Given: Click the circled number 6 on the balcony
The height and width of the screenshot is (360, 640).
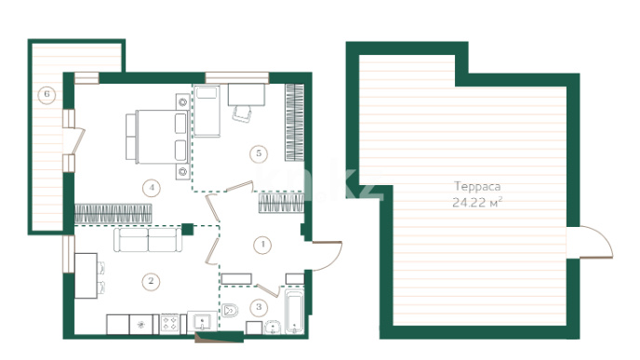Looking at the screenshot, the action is click(x=47, y=95).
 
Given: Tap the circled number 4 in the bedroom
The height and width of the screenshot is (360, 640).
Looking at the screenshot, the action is click(x=152, y=188).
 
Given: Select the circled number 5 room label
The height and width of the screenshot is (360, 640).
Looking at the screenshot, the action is click(x=259, y=153).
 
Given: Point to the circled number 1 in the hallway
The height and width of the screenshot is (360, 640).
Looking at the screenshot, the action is click(x=262, y=245).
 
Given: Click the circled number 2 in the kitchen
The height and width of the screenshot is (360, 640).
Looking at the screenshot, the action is click(x=151, y=281).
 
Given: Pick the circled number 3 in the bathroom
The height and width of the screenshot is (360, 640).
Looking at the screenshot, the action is click(x=259, y=307).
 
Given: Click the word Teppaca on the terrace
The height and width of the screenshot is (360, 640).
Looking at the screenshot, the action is click(x=477, y=187).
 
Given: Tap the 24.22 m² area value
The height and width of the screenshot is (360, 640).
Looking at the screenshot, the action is click(x=477, y=202).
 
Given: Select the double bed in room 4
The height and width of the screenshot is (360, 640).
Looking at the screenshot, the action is click(x=157, y=137).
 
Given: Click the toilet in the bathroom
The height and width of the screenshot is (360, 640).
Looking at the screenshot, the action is click(x=230, y=311).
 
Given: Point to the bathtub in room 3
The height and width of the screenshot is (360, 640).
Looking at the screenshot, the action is click(x=294, y=313).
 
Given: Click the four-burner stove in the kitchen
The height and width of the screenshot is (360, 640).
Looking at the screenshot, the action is click(x=169, y=324).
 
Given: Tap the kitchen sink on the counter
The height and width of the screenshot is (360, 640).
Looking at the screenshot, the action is click(x=202, y=324).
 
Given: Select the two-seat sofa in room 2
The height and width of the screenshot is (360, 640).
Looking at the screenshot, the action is click(x=148, y=240).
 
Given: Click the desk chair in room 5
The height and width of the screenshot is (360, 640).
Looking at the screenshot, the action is click(x=242, y=113).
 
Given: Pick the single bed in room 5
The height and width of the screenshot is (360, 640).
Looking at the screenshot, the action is click(x=207, y=111).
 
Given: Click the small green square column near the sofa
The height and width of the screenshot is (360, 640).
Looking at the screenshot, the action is click(x=187, y=230).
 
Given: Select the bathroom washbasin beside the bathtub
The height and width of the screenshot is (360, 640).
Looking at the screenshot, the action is click(x=273, y=327).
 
